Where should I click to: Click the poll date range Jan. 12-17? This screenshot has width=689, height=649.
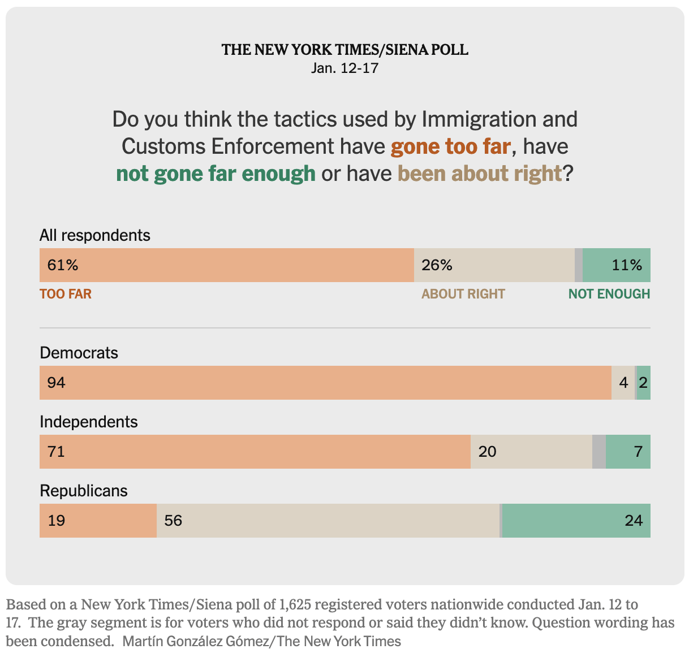(x=344, y=68)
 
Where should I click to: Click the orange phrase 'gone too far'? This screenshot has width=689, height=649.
(x=451, y=146)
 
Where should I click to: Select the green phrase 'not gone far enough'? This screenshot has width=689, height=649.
(x=216, y=174)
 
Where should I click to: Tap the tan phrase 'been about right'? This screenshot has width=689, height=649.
(x=480, y=174)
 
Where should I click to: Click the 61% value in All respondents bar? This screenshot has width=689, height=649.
(x=63, y=265)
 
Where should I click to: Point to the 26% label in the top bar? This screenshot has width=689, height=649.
(x=437, y=265)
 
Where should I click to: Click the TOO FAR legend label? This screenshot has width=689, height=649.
(x=66, y=294)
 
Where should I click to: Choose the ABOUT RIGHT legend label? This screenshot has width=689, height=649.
(x=463, y=294)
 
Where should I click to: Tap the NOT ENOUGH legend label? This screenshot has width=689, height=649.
(x=609, y=294)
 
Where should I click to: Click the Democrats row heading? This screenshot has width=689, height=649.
(x=79, y=353)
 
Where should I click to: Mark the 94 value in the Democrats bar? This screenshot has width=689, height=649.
(x=57, y=383)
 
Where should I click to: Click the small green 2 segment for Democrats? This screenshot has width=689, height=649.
(x=644, y=383)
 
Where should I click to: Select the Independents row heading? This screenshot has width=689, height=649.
(x=89, y=422)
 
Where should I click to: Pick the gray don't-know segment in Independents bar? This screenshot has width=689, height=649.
(x=599, y=452)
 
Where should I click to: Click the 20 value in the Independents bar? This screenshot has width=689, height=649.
(x=487, y=452)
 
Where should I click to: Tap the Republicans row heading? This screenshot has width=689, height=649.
(x=84, y=491)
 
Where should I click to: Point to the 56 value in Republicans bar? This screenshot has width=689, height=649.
(x=173, y=521)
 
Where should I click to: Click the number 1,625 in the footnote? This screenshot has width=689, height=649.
(x=295, y=604)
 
